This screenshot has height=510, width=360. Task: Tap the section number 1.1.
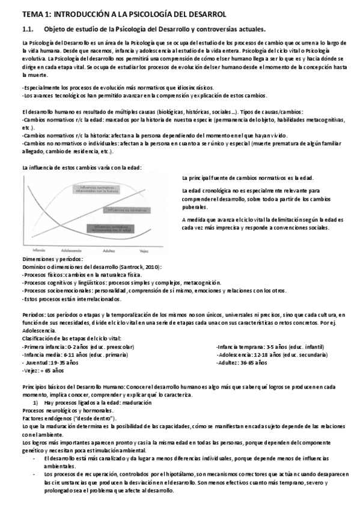28,29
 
